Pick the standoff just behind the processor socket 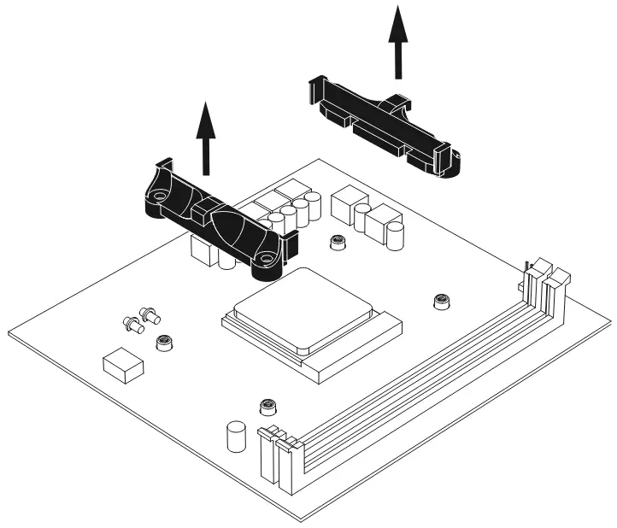[338, 243]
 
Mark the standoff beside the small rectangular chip [162, 343]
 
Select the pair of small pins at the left [139, 320]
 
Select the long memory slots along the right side [419, 376]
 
